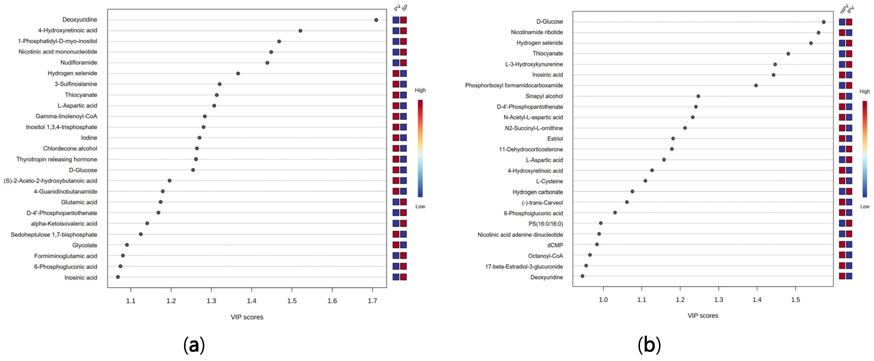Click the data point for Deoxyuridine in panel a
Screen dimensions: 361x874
(376, 20)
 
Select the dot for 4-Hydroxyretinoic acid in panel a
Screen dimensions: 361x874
(300, 30)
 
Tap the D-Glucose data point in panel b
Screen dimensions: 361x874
(824, 22)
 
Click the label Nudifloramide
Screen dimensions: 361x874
(79, 62)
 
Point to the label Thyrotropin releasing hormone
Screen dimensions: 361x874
(57, 159)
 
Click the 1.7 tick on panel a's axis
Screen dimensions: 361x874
(372, 301)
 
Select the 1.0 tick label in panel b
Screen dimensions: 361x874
(603, 300)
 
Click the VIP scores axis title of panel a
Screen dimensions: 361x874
(247, 317)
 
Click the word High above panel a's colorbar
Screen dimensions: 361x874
(420, 90)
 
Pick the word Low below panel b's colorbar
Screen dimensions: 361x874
(865, 206)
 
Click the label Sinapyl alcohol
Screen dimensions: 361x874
(544, 96)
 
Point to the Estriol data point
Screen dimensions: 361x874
(673, 138)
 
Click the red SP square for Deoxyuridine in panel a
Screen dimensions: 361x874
(403, 20)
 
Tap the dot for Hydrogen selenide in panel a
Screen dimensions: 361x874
(238, 73)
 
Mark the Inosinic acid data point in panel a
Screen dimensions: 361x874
(118, 277)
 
